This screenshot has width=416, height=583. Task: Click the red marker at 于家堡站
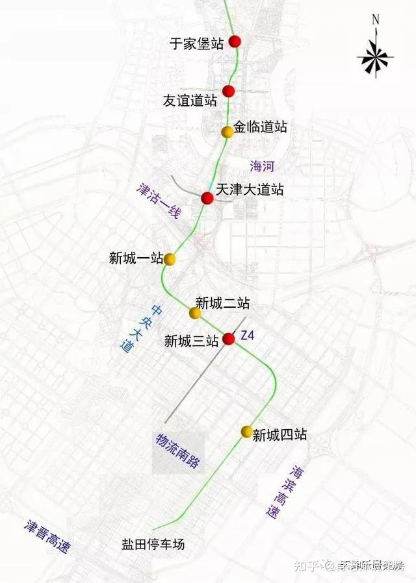[x=235, y=42]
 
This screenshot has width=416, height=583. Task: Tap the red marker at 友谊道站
[x=228, y=91]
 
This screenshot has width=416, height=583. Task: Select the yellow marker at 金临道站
[x=227, y=132]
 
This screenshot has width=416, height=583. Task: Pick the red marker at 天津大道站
[x=207, y=198]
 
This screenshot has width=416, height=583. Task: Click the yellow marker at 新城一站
[x=170, y=259]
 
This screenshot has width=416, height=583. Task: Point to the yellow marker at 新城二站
[x=195, y=313]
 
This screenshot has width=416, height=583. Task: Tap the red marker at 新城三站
[x=229, y=338]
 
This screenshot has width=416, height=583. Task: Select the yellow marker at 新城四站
[x=246, y=432]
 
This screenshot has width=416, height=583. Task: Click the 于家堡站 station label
[x=196, y=43]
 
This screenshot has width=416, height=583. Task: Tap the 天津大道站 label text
[x=250, y=190]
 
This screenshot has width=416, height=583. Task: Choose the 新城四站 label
[x=279, y=435]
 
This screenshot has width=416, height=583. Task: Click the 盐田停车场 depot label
[x=153, y=544]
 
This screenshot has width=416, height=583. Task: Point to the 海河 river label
[x=262, y=166]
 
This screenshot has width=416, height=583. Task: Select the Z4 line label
[x=248, y=336]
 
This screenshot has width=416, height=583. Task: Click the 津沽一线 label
[x=157, y=202]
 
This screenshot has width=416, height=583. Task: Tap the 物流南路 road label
[x=177, y=451]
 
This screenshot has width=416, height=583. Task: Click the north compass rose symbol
[x=375, y=57]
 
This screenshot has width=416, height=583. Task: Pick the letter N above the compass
[x=375, y=19]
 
